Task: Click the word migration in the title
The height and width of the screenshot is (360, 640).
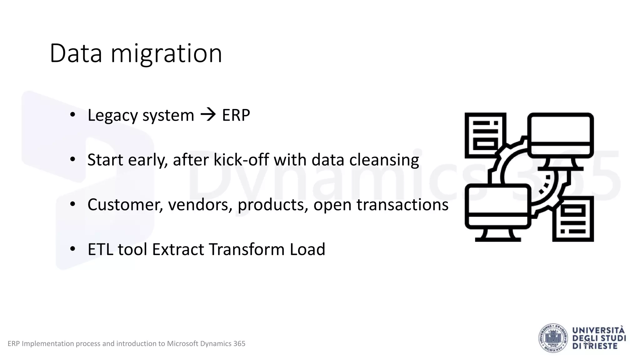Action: pos(166,54)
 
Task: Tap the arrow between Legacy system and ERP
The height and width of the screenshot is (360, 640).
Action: pos(208,115)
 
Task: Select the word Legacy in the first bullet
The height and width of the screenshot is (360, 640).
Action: pos(112,116)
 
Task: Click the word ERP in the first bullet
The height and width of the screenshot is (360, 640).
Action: pos(236,115)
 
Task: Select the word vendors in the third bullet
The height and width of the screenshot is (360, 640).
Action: pos(200,205)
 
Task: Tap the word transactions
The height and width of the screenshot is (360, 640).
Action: pos(402,205)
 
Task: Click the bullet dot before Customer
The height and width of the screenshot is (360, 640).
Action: pos(73,204)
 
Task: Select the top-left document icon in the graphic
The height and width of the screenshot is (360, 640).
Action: pos(485,135)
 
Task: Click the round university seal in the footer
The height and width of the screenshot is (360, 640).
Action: pos(553,338)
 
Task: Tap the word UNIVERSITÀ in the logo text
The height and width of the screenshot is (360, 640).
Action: pos(598,331)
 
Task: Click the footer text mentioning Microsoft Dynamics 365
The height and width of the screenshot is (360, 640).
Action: pos(126,343)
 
